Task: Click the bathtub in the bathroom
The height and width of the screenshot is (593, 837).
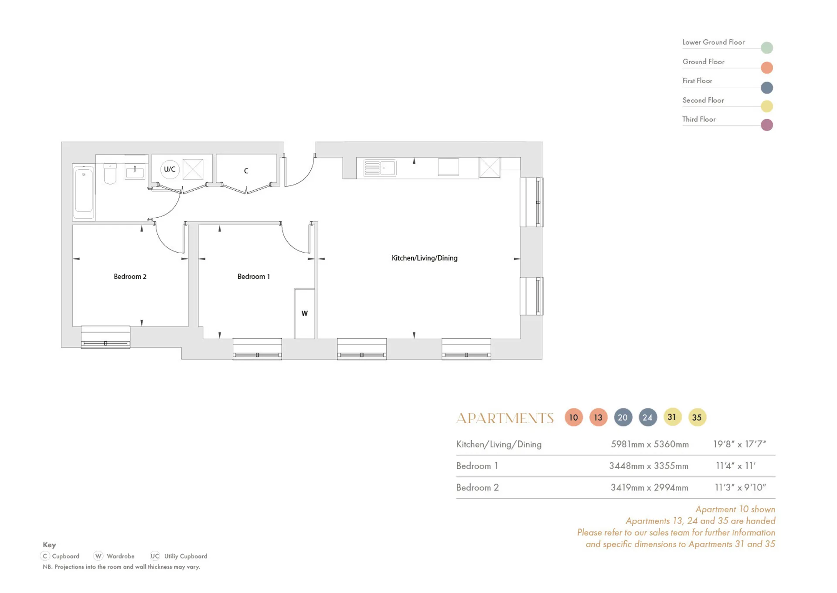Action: (84, 192)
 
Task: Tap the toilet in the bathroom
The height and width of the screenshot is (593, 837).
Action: (110, 173)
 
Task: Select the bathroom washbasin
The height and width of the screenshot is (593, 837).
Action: (135, 171)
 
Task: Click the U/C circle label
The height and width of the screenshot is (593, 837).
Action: (170, 169)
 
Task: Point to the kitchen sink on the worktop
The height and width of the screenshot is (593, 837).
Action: (380, 168)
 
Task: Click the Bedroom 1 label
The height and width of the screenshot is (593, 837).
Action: (254, 277)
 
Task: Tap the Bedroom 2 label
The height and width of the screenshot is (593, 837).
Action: (130, 277)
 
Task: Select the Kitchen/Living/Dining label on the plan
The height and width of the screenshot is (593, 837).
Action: (425, 258)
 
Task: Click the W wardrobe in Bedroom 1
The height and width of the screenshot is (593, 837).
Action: (305, 313)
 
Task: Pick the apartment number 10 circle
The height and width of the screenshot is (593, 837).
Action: (574, 417)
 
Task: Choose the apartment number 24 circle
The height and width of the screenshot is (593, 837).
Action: (648, 417)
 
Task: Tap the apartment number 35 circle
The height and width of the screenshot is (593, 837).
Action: (697, 417)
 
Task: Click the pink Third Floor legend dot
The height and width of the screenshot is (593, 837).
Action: (767, 125)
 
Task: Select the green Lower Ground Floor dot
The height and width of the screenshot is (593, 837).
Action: (767, 48)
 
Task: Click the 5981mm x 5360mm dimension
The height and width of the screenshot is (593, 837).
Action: (650, 444)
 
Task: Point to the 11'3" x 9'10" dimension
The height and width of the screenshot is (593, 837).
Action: (740, 487)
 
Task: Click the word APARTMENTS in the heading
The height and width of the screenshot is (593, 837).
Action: (505, 418)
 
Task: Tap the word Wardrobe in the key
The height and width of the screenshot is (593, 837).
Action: (120, 556)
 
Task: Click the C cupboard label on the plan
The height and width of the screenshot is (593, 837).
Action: (246, 171)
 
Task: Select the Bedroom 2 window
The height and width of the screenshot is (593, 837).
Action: (105, 337)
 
